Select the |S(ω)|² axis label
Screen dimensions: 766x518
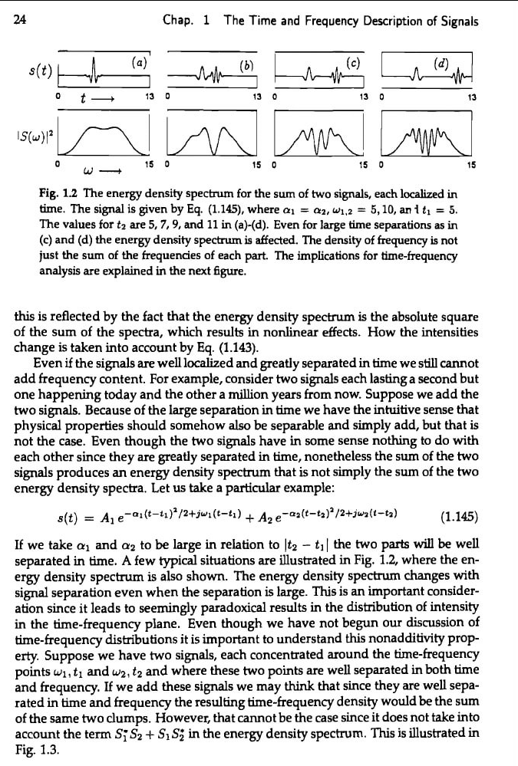pos(27,138)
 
